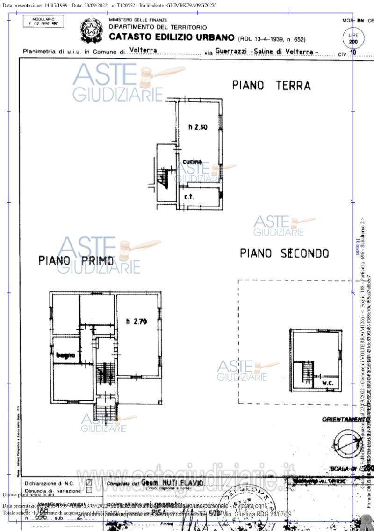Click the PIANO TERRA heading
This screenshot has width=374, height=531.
pyautogui.click(x=271, y=86)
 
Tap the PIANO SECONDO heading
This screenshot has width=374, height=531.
pyautogui.click(x=284, y=253)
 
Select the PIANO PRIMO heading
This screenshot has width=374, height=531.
pyautogui.click(x=76, y=260)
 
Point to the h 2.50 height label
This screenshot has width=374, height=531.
pyautogui.click(x=198, y=126)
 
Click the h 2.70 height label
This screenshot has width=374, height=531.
pyautogui.click(x=137, y=321)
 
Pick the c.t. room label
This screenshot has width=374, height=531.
pyautogui.click(x=189, y=197)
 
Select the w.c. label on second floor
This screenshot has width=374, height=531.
pyautogui.click(x=327, y=383)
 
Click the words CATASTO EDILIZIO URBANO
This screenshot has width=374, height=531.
pyautogui.click(x=171, y=37)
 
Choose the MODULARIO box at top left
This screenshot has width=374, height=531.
pyautogui.click(x=43, y=21)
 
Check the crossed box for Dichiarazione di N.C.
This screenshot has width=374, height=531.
pyautogui.click(x=89, y=483)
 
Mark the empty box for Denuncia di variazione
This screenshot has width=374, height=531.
pyautogui.click(x=89, y=490)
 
